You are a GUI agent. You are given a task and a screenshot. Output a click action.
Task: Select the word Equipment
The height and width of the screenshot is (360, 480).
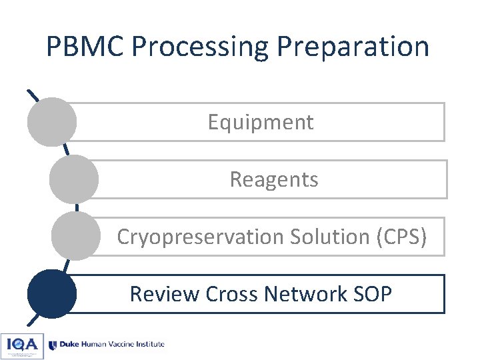(260, 123)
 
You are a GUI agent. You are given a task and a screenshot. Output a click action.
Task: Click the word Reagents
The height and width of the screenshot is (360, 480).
(274, 179)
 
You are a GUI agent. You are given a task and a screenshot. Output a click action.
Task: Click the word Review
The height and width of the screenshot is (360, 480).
(165, 294)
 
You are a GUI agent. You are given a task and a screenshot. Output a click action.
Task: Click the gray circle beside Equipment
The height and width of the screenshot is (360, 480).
(51, 122)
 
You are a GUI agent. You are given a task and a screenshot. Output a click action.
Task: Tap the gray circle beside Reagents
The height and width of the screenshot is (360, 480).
(74, 179)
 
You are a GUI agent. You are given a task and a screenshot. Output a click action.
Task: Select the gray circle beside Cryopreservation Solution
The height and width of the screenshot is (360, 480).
(75, 236)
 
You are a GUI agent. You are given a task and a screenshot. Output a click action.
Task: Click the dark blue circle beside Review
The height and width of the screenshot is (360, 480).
(52, 293)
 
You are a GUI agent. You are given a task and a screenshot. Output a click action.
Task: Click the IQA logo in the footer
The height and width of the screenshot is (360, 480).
(22, 345)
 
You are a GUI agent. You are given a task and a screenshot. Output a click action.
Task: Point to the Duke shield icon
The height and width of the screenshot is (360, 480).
(53, 345)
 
